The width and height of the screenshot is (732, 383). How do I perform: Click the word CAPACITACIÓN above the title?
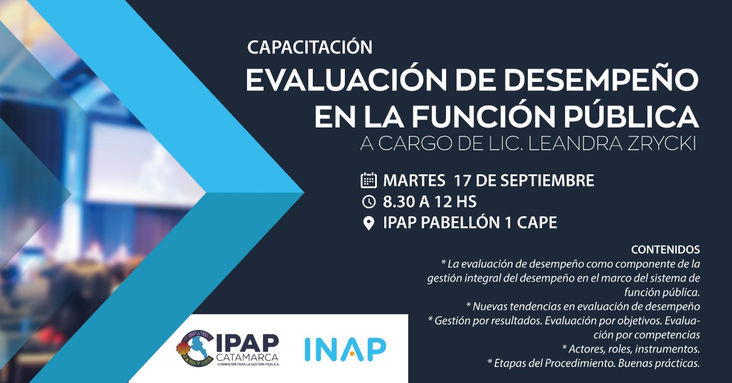pyautogui.click(x=310, y=47)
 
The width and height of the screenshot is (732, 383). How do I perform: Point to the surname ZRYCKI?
pyautogui.click(x=662, y=144)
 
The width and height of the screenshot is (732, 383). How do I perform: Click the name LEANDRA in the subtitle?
pyautogui.click(x=575, y=144)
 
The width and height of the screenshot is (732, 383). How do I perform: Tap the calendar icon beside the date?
pyautogui.click(x=369, y=180)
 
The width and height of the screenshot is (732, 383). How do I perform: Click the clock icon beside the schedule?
pyautogui.click(x=369, y=202)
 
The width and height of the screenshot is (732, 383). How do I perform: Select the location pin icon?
pyautogui.click(x=369, y=223)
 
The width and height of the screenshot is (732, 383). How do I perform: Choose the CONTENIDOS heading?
pyautogui.click(x=665, y=250)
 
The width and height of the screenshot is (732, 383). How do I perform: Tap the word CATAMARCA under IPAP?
pyautogui.click(x=248, y=357)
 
